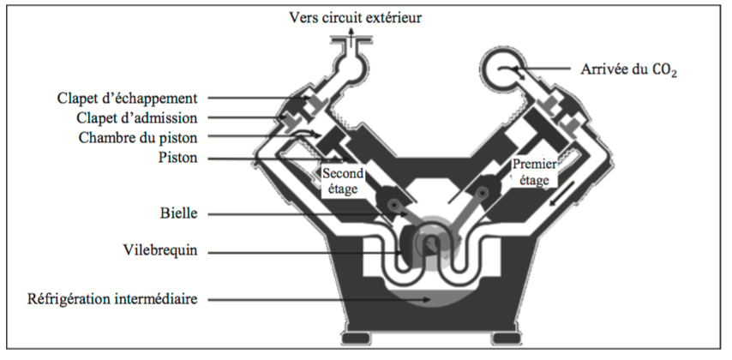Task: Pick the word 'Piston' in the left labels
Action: tap(177, 157)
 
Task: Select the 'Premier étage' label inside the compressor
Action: tap(531, 171)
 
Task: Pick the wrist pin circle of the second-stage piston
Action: tap(392, 206)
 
